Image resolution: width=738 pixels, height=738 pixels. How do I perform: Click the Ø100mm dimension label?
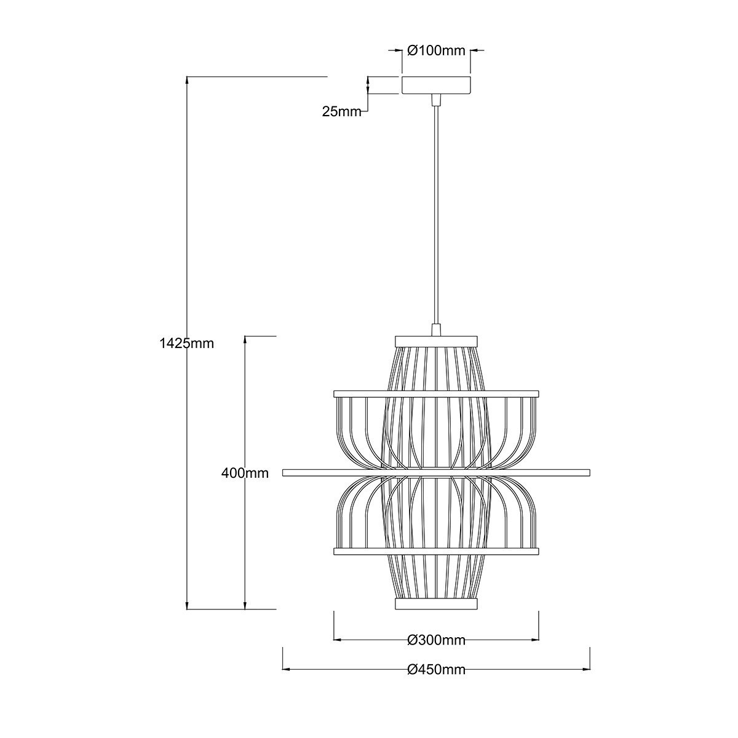pos(437,50)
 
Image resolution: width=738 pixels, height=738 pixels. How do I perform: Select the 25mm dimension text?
pos(341,111)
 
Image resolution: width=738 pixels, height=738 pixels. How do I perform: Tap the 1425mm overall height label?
pos(186,343)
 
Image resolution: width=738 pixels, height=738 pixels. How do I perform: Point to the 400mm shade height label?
pos(245,473)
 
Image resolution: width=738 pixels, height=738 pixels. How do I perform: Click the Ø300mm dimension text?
pos(436,640)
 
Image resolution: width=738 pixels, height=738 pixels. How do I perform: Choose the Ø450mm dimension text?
pos(436,670)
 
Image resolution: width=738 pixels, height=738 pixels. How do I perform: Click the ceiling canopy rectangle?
pos(436,85)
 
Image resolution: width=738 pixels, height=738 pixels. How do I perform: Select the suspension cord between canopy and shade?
pos(436,215)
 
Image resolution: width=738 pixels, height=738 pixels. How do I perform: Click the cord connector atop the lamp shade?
pos(436,330)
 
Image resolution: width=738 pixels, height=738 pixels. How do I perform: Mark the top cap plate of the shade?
pos(436,339)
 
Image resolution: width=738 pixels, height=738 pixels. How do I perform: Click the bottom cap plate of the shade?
pos(436,605)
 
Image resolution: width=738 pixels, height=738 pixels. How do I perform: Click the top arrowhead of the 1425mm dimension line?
pos(186,81)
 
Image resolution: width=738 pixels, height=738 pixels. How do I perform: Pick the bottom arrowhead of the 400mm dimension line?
pos(245,605)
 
